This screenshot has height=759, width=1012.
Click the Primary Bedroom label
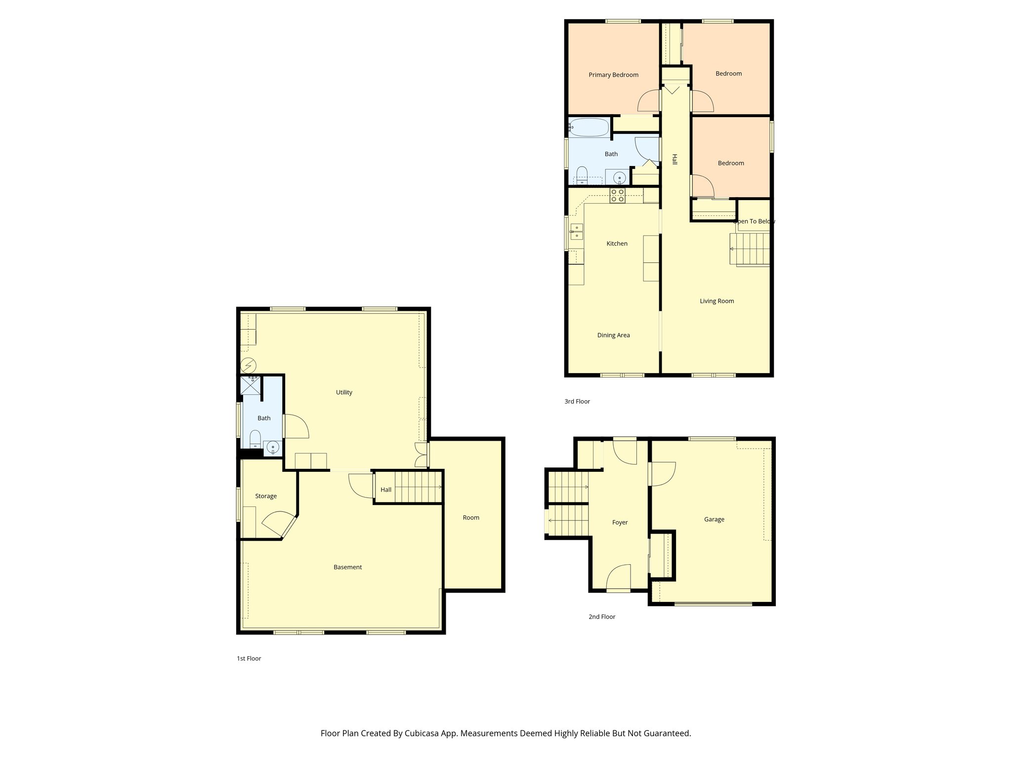pos(613,75)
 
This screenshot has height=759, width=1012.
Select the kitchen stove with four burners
pos(617,196)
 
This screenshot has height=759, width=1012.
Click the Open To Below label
pos(754,221)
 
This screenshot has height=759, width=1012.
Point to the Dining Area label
pos(613,335)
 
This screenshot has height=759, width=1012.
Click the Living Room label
pos(717,301)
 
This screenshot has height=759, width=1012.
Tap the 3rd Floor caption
pos(577,401)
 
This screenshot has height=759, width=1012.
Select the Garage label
pos(714,519)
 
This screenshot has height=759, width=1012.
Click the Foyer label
pos(620,522)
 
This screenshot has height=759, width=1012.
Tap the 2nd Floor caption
pos(601,617)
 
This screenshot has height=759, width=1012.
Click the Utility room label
pos(344,392)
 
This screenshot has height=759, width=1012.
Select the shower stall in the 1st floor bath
pos(251,385)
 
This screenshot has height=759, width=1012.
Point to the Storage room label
pos(266,496)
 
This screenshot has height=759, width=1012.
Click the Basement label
pos(347,567)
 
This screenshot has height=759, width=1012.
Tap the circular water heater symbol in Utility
pos(249,366)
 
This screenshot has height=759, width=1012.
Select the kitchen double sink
pos(576,232)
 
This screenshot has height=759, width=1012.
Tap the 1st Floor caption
pos(249,658)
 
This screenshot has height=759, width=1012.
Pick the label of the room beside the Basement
pos(471,518)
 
